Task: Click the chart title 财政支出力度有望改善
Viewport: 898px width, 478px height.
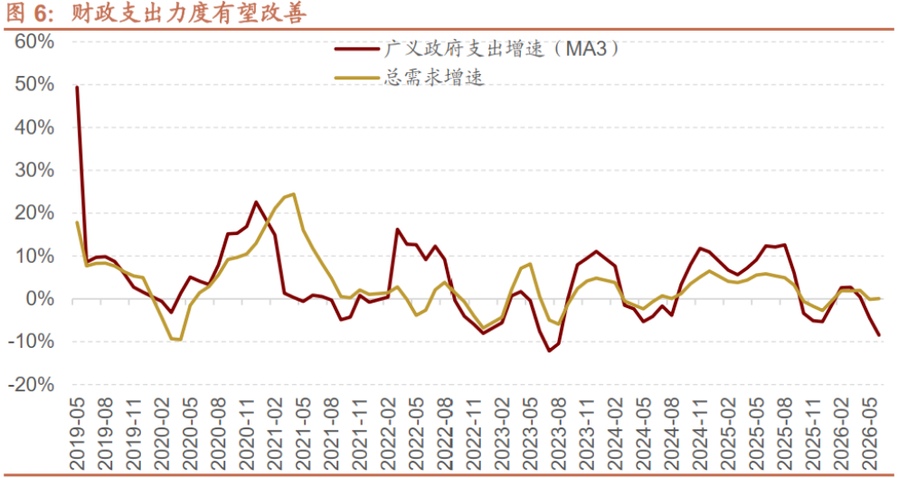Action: point(188,14)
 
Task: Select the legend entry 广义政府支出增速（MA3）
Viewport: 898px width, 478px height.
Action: point(478,49)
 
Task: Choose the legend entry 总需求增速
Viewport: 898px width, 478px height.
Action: point(410,78)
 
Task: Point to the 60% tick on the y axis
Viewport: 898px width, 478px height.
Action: point(34,42)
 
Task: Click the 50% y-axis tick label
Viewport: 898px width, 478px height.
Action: point(34,85)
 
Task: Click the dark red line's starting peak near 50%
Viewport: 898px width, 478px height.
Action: point(77,87)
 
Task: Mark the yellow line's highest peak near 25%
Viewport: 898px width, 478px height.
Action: point(294,194)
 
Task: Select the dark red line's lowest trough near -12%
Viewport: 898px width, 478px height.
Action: point(549,351)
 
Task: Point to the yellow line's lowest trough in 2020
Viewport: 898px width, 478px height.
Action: point(180,340)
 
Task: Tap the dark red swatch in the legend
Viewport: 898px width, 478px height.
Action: point(357,50)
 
